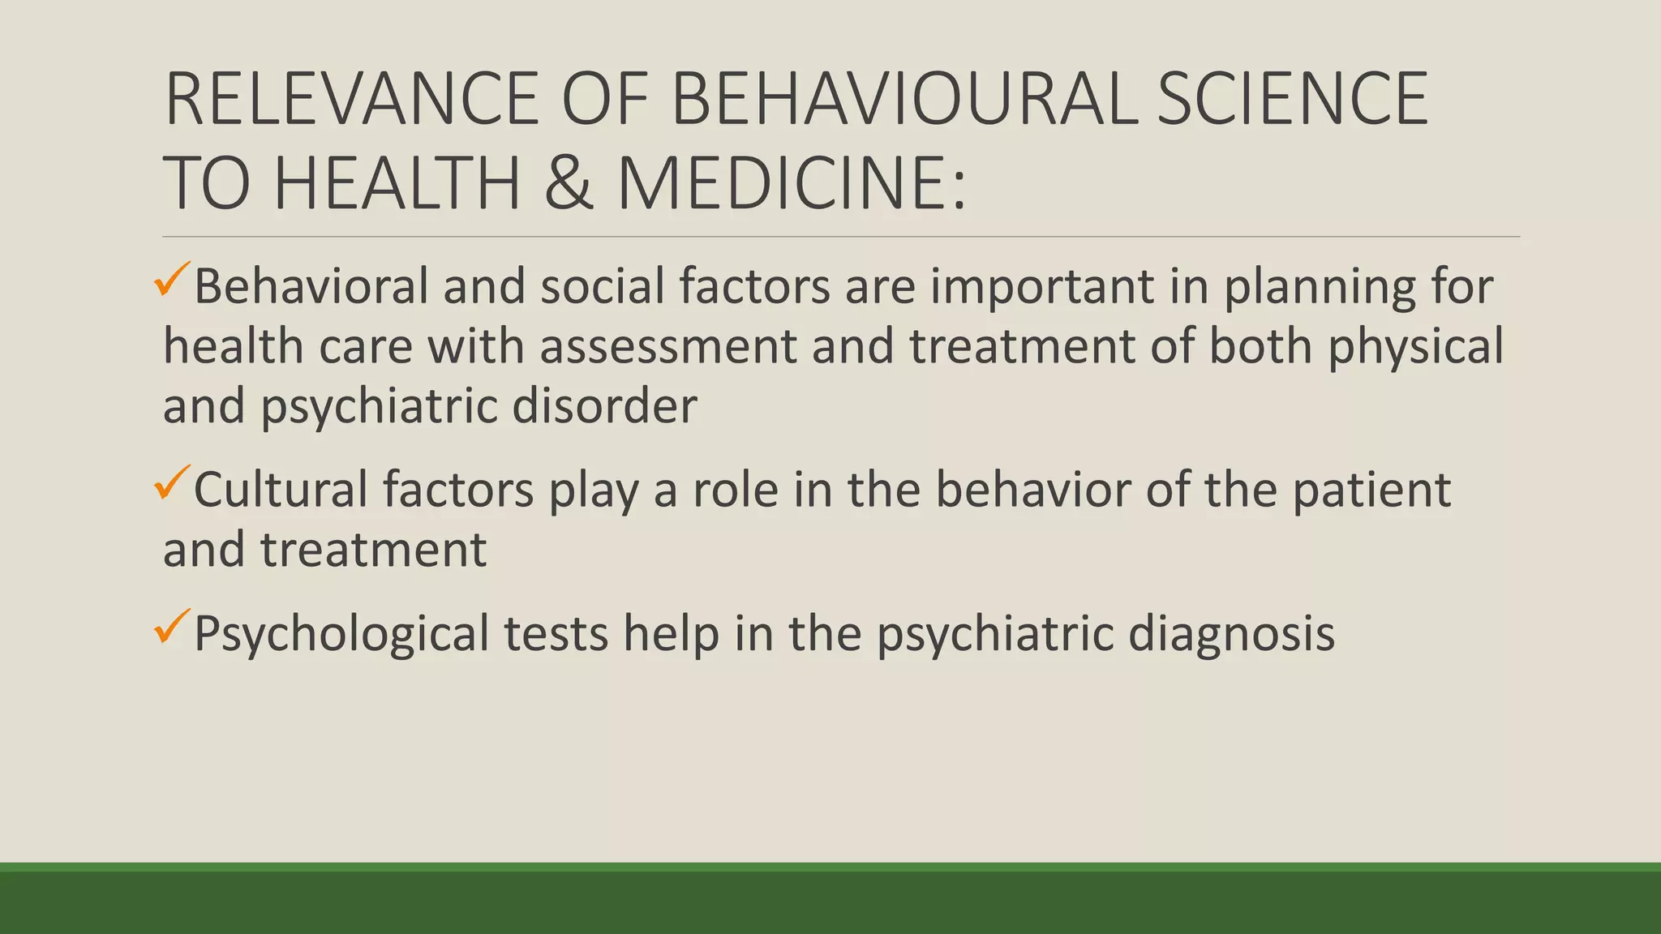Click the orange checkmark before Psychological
tap(171, 627)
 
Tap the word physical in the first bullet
tap(1415, 348)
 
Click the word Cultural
tap(281, 490)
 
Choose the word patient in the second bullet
tap(1371, 491)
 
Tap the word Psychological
tap(341, 634)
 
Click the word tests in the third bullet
tap(556, 634)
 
